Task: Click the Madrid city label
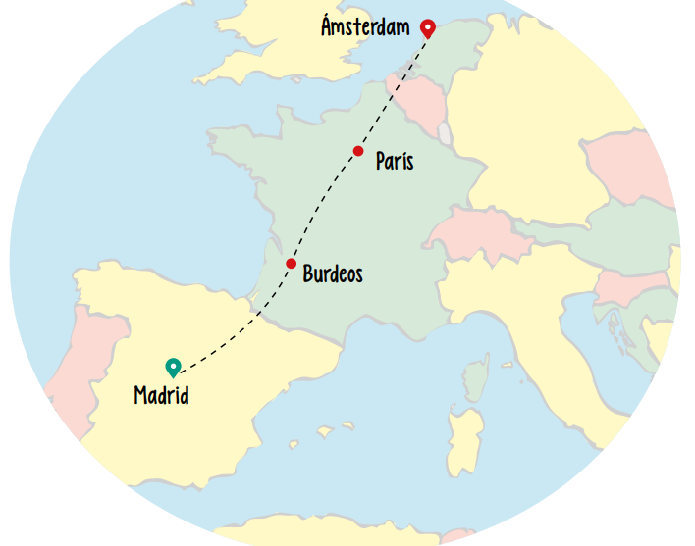pos(161,396)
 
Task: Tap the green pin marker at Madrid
pos(174,367)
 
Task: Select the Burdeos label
pos(333,274)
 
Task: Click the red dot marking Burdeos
pos(292,264)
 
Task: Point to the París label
pos(395,161)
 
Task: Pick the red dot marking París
pos(358,151)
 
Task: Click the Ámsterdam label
pos(365,26)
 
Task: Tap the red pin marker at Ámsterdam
pos(427,28)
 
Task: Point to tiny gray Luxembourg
pos(446,133)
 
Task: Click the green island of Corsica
pos(476,377)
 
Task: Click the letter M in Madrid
pos(141,396)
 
